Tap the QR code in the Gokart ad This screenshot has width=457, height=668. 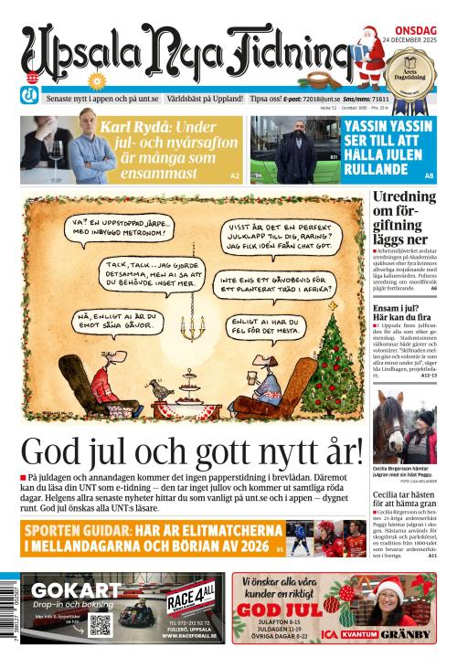(100, 624)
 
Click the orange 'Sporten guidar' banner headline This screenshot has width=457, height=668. (143, 538)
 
